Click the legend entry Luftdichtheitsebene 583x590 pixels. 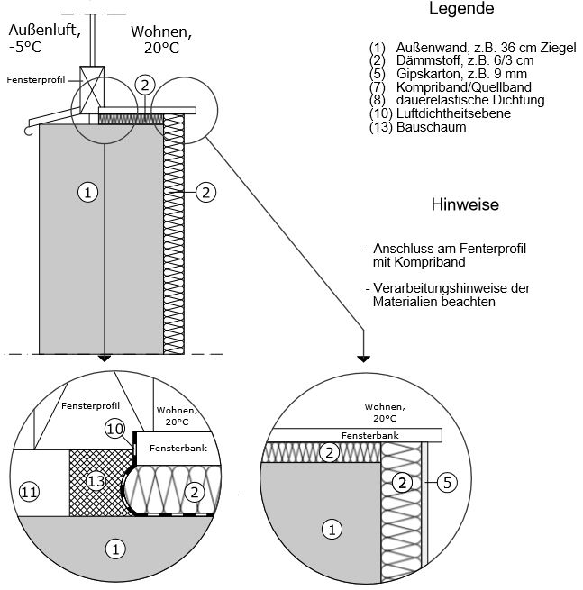[x=447, y=114]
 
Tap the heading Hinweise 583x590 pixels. [x=465, y=204]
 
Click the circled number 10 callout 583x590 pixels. [x=114, y=429]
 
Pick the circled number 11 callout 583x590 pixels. [x=29, y=491]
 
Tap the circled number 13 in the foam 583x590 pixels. [x=96, y=482]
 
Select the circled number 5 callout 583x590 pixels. [x=448, y=483]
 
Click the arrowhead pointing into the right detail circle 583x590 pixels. [x=362, y=355]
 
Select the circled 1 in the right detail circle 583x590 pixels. [x=332, y=531]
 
